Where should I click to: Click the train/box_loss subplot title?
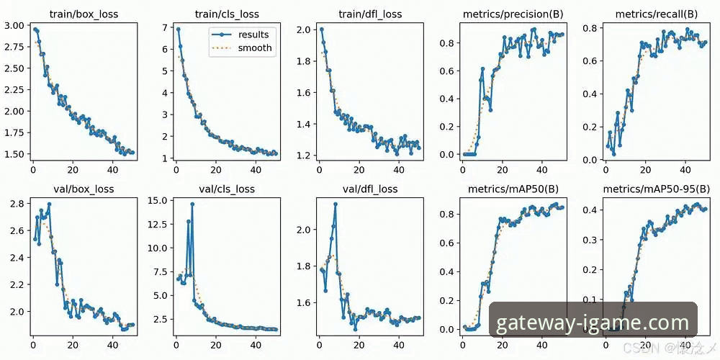pyautogui.click(x=82, y=14)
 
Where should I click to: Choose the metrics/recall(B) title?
pyautogui.click(x=656, y=14)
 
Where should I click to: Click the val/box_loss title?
pyautogui.click(x=82, y=189)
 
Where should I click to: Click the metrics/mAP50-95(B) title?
pyautogui.click(x=656, y=189)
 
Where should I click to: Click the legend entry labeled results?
pyautogui.click(x=253, y=34)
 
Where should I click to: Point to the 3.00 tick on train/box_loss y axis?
pyautogui.click(x=16, y=26)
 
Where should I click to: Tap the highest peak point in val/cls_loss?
pyautogui.click(x=192, y=204)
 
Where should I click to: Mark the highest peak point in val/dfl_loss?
pyautogui.click(x=336, y=204)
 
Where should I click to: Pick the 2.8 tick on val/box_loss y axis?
pyautogui.click(x=19, y=204)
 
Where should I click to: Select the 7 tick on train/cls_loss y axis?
pyautogui.click(x=166, y=28)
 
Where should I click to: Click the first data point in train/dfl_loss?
pyautogui.click(x=321, y=30)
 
